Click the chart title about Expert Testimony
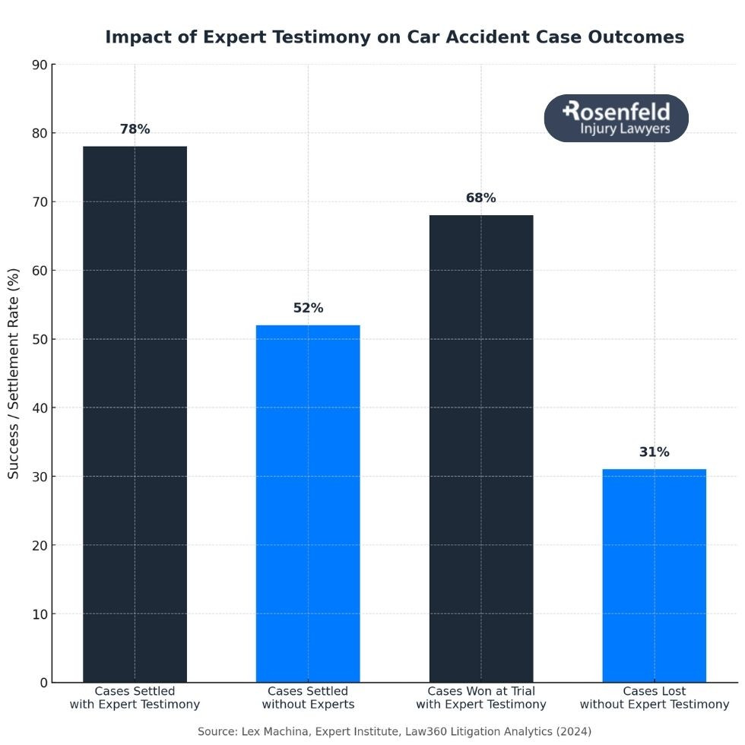coord(394,37)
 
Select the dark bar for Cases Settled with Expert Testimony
coord(135,414)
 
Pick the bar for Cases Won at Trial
coord(481,449)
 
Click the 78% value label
coord(135,129)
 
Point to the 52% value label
coord(308,308)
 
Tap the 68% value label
coord(480,198)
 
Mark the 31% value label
coord(654,452)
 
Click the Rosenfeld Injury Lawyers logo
coord(616,119)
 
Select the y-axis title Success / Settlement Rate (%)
coord(14,372)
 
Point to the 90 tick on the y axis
coord(39,65)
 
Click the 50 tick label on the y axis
coord(39,339)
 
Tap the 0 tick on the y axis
coord(43,683)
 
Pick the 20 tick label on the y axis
coord(39,545)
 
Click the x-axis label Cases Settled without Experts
coord(308,698)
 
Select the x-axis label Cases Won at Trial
coord(481,698)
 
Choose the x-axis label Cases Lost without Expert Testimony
coord(654,698)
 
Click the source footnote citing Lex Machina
coord(394,731)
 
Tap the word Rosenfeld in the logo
coord(617,111)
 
